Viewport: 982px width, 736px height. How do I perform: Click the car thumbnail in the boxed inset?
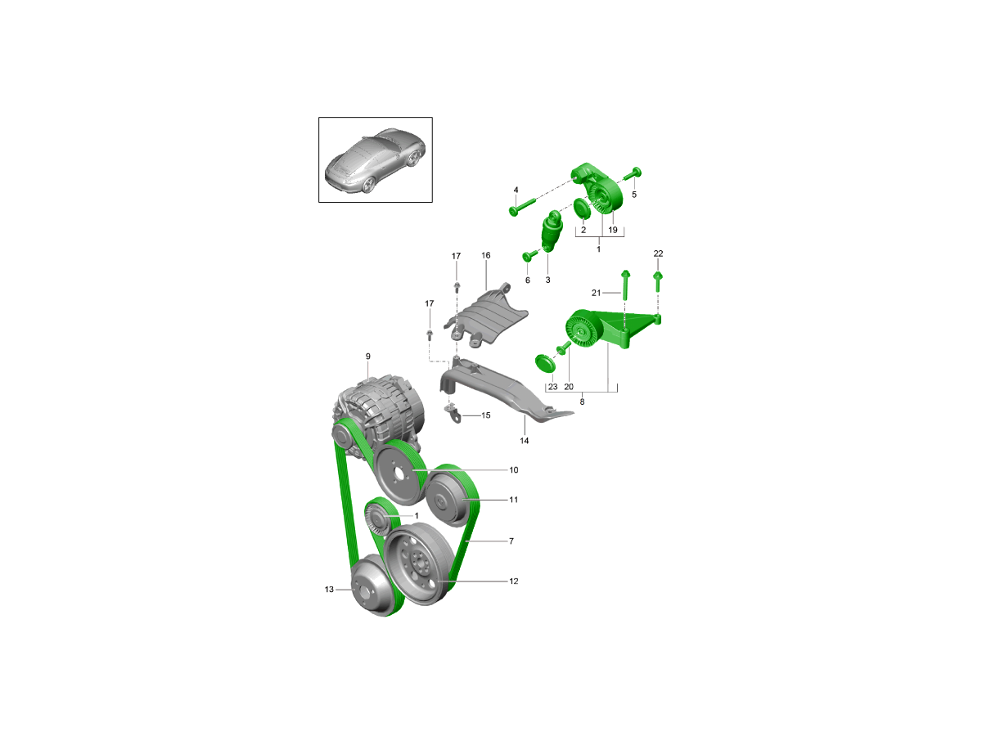[x=375, y=160]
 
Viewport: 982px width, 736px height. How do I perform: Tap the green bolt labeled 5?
[x=633, y=173]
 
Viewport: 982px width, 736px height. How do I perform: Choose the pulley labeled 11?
[x=448, y=497]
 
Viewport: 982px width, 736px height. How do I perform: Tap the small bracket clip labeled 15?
[x=451, y=413]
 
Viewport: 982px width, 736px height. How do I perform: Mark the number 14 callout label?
[x=525, y=441]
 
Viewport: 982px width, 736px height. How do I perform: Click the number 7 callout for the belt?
[x=511, y=541]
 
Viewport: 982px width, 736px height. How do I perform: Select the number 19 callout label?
[x=613, y=231]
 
